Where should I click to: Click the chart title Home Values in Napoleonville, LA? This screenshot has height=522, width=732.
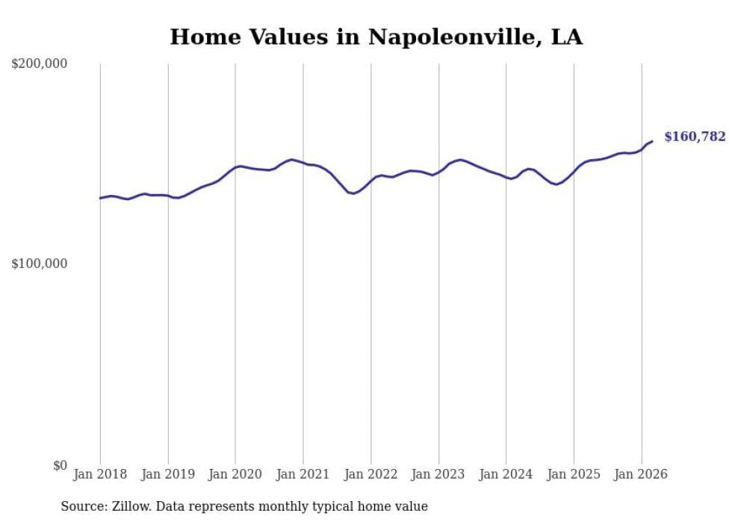376,37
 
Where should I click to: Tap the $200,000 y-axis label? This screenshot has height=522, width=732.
40,64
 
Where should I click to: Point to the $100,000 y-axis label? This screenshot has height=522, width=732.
40,264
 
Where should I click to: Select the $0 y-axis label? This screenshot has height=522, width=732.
58,465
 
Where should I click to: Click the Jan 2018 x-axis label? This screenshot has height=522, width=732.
100,474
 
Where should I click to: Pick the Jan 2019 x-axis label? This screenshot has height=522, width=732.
168,474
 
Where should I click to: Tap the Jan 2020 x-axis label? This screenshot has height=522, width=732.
235,474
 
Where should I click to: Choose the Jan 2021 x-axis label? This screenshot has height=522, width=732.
303,474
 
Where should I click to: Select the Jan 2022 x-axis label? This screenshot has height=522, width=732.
371,474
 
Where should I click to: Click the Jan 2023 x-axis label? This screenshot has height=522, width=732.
438,474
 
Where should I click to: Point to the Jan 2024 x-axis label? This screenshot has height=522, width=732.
506,474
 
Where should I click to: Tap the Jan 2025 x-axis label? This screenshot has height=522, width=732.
574,474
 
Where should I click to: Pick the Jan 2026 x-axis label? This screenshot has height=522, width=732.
642,474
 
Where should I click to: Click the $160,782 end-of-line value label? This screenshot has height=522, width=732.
695,137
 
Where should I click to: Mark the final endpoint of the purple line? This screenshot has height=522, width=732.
652,141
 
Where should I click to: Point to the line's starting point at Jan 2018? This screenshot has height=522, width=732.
100,198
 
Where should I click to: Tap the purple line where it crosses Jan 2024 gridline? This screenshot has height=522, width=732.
506,178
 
